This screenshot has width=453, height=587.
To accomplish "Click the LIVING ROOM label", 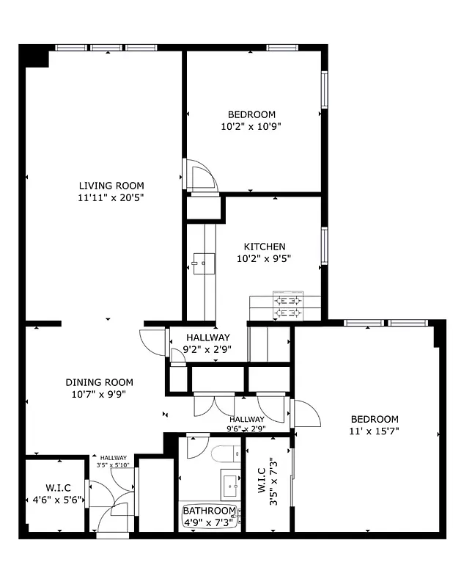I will coord(111,186).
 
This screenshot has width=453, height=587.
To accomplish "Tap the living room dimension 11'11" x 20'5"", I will coord(111,197).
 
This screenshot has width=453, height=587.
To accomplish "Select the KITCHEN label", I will coord(265,247).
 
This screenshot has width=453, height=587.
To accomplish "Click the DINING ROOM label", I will coord(100,382).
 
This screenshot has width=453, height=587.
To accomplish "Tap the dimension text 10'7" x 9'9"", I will coord(100,393).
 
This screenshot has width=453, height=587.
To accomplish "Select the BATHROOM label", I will coord(209,510).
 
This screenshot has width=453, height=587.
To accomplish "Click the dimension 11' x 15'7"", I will coord(374,431).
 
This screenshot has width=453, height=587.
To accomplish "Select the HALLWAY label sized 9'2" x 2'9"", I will coord(209,337).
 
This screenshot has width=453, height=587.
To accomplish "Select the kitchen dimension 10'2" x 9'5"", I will coord(265,258).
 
